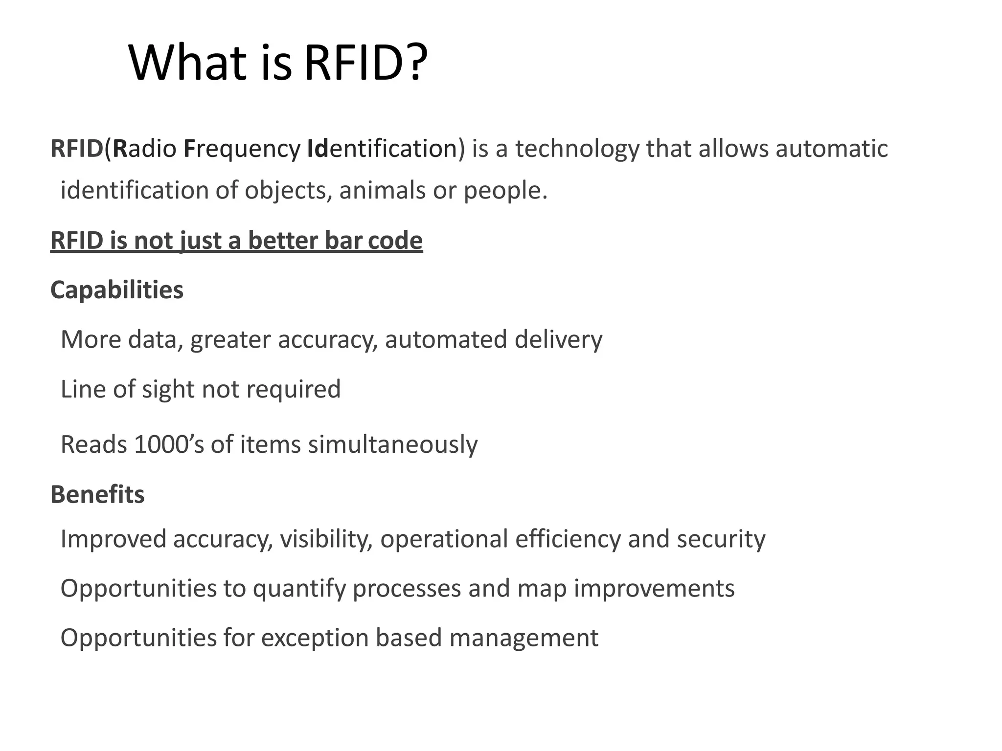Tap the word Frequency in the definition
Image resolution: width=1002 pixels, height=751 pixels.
tap(242, 149)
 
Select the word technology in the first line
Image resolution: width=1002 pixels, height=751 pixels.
tap(577, 149)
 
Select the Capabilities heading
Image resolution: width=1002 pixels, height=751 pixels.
tap(117, 290)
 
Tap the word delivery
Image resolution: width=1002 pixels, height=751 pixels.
tap(558, 340)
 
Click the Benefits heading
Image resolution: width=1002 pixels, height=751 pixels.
tap(97, 494)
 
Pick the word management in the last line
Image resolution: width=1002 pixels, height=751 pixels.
tap(524, 639)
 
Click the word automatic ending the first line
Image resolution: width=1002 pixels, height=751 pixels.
tap(831, 149)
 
